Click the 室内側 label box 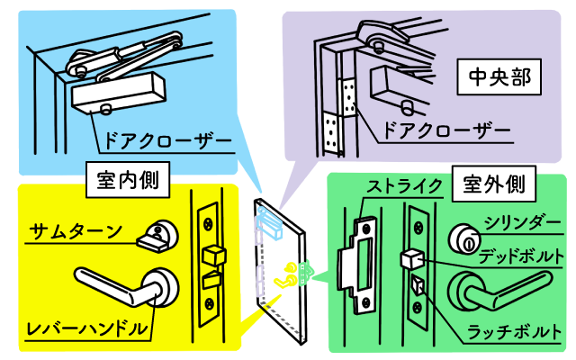click(126, 181)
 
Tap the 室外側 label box click(491, 184)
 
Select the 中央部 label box click(498, 81)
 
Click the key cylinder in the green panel click(465, 238)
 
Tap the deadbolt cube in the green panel click(410, 258)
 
